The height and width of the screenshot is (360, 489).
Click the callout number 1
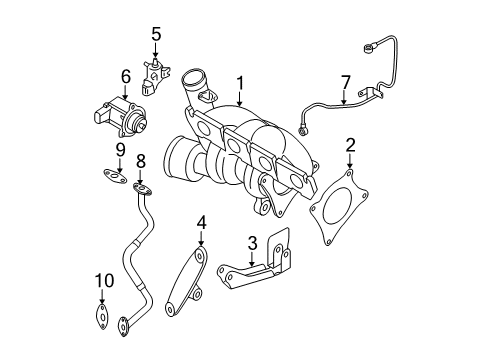pyautogui.click(x=240, y=83)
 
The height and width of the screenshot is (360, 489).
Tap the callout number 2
pyautogui.click(x=350, y=146)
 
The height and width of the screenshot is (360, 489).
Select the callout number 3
pyautogui.click(x=253, y=243)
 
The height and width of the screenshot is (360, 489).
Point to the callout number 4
pyautogui.click(x=201, y=222)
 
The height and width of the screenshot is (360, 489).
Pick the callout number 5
pyautogui.click(x=156, y=34)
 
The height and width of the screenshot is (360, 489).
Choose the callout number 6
pyautogui.click(x=126, y=77)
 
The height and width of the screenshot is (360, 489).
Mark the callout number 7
pyautogui.click(x=346, y=82)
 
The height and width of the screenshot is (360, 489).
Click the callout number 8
pyautogui.click(x=141, y=161)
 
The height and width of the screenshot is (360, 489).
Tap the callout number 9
pyautogui.click(x=120, y=150)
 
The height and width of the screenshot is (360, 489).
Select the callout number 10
pyautogui.click(x=104, y=281)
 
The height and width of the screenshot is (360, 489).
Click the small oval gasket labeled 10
pyautogui.click(x=102, y=316)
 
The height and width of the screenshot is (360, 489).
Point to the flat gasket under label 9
pyautogui.click(x=115, y=176)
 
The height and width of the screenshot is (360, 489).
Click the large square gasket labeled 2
pyautogui.click(x=339, y=207)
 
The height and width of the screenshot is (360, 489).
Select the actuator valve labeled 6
pyautogui.click(x=119, y=117)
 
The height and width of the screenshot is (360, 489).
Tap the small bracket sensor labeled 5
pyautogui.click(x=154, y=77)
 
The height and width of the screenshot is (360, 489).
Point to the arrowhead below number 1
pyautogui.click(x=240, y=103)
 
